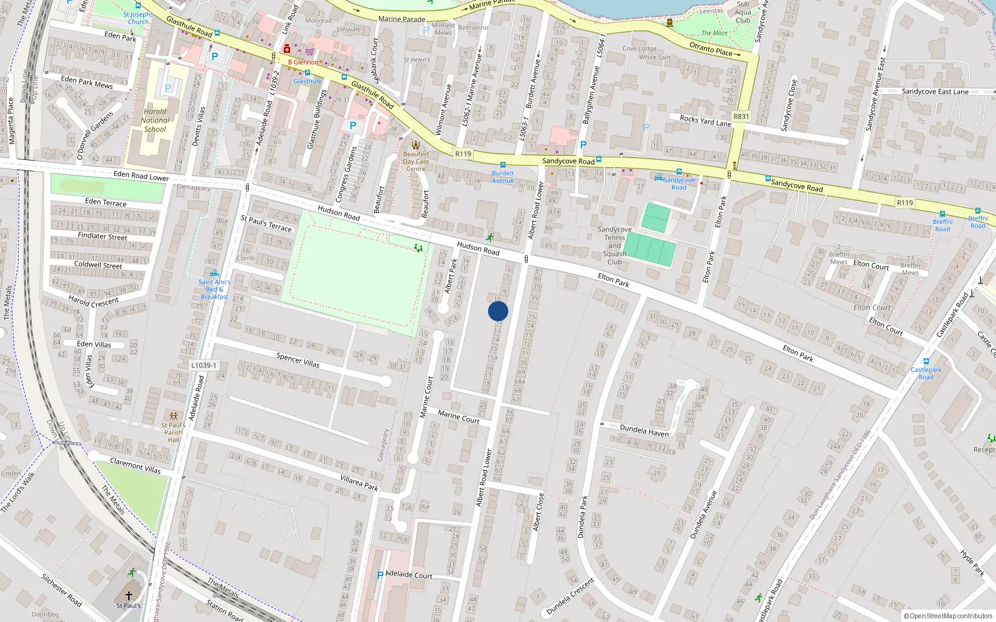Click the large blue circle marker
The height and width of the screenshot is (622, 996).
(x=498, y=311)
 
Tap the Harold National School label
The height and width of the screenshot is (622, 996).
(x=154, y=121)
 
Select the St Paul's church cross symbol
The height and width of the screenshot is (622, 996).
(x=129, y=595)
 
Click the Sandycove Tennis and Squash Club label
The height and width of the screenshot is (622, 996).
(x=614, y=246)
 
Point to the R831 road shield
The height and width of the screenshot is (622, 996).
(x=741, y=116)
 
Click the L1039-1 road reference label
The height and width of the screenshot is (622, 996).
(x=204, y=365)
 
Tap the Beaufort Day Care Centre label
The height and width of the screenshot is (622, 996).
(x=416, y=161)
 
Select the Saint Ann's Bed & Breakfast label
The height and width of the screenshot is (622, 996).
(x=214, y=289)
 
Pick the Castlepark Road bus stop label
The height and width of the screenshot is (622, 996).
(x=926, y=373)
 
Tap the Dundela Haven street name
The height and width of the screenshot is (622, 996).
(x=644, y=430)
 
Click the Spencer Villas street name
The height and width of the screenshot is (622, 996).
(x=298, y=360)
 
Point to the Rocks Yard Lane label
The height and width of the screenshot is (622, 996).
(x=705, y=121)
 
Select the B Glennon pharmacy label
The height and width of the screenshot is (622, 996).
(x=303, y=62)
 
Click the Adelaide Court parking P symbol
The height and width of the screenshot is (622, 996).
(x=380, y=575)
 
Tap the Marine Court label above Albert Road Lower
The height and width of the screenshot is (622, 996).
(x=458, y=416)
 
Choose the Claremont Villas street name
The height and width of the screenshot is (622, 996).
(x=135, y=465)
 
